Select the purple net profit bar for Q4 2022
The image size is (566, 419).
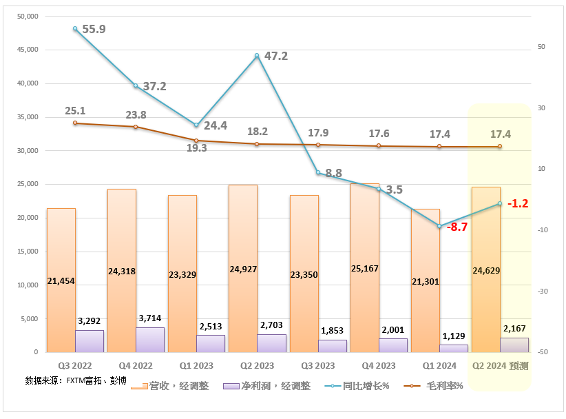click(x=150, y=340)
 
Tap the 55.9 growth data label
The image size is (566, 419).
click(x=94, y=29)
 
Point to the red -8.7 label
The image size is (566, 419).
click(x=456, y=227)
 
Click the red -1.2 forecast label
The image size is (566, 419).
click(x=517, y=203)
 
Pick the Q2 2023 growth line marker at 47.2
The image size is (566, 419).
click(x=257, y=56)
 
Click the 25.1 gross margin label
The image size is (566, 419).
click(x=75, y=110)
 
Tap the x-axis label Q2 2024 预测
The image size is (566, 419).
click(x=499, y=366)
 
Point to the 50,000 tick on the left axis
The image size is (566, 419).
click(x=27, y=16)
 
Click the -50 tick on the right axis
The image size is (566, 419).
click(x=543, y=352)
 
